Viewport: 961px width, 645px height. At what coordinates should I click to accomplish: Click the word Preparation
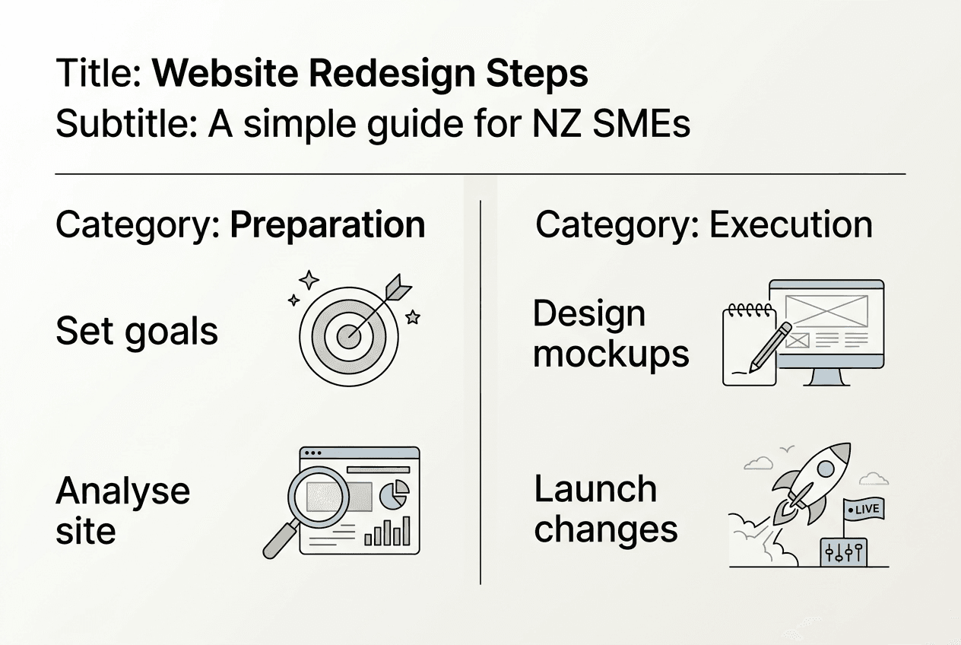(x=327, y=225)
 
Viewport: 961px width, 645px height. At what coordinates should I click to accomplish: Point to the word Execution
(x=791, y=225)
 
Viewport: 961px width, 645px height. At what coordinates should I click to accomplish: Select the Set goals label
(x=137, y=332)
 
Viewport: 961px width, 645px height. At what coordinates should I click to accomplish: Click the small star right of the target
(x=413, y=317)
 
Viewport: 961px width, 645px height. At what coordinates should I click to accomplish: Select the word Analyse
(x=122, y=491)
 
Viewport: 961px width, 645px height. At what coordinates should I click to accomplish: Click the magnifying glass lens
(x=318, y=496)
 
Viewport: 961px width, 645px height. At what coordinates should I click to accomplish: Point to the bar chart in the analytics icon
(x=387, y=532)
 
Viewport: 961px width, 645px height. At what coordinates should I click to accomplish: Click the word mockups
(x=611, y=354)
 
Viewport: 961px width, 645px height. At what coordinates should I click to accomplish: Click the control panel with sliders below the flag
(x=842, y=553)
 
